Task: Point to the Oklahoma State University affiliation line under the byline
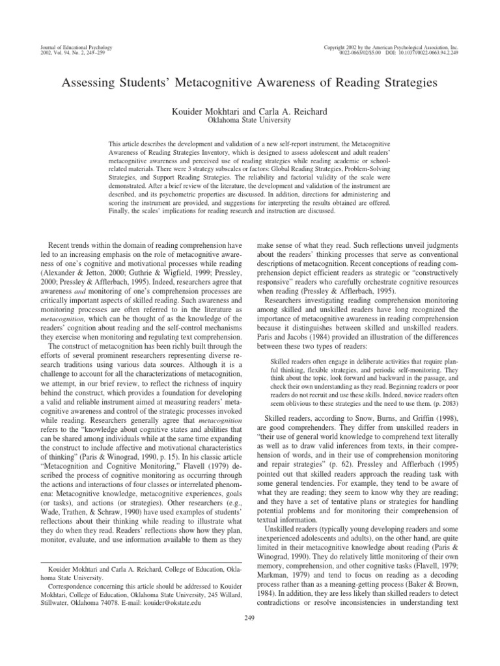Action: (249, 120)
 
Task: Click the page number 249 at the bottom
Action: (249, 617)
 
